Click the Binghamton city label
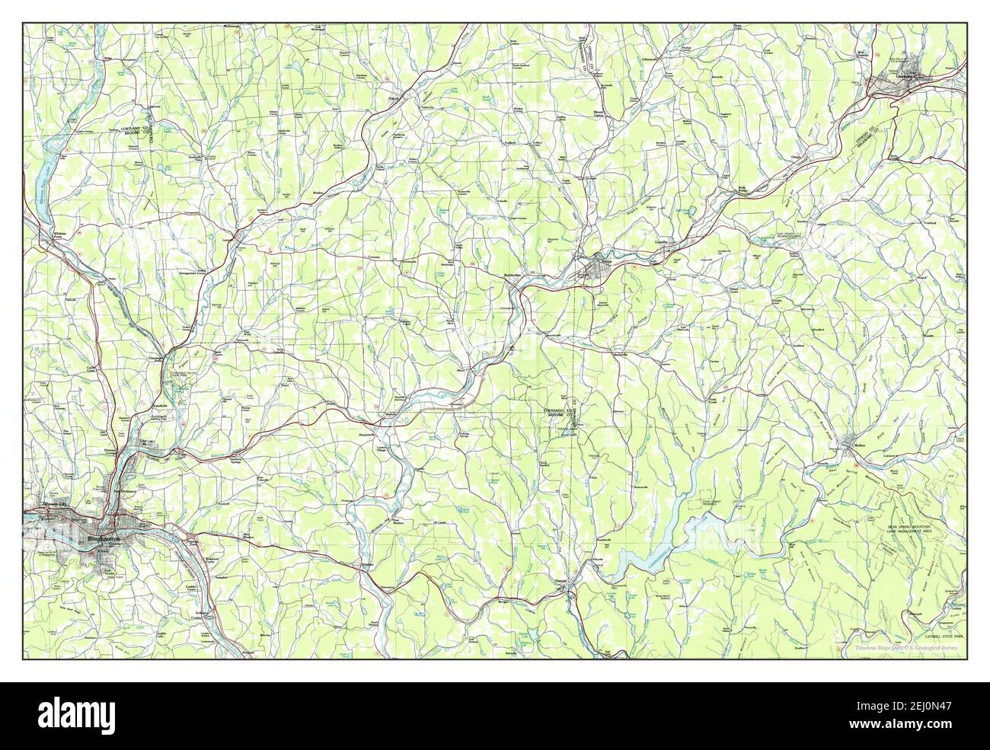click(102, 539)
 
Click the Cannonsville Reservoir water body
click(685, 541)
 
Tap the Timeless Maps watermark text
click(905, 648)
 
